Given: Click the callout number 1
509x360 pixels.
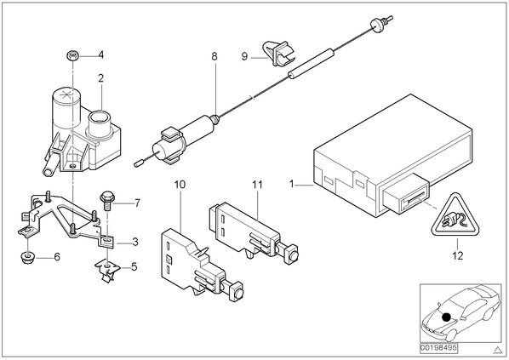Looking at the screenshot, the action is coord(291,185).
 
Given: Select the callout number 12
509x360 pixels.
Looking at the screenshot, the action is coord(457,255).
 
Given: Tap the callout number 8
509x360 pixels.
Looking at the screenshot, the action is coord(214,56).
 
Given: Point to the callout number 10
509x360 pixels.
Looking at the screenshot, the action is coord(180,185).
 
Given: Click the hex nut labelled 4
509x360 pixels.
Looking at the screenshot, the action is coord(72,55).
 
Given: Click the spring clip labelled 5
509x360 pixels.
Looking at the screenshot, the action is coord(107,271).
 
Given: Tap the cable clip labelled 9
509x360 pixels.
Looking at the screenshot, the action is coord(279,54).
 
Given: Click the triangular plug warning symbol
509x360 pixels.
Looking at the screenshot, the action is coord(455,214).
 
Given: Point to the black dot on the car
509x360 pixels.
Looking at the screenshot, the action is coord(446,317).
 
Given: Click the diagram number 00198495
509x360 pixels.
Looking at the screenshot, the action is coord(438,348).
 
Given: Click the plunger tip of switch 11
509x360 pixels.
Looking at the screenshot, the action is coord(294,256).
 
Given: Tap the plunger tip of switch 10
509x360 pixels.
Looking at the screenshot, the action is coord(239,294).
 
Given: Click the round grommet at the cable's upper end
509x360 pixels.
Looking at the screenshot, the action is coord(376,26).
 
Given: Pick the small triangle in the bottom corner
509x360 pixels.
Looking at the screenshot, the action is coord(497,350).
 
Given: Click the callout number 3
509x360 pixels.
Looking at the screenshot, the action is coord(135,242).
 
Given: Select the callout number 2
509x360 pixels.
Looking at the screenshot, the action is coord(100,78).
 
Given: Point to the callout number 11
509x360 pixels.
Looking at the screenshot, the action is coord(257,185).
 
